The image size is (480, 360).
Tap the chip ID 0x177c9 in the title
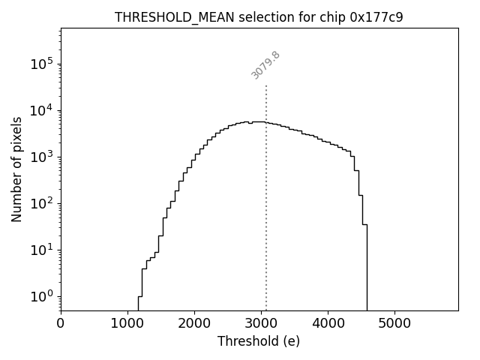pos(376,17)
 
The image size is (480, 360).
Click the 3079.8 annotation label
pos(265,65)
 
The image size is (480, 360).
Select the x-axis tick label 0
pos(61,324)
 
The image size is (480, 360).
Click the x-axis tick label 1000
pos(127,324)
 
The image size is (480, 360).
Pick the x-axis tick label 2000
pos(194,324)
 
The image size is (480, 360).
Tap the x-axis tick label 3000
pos(261,324)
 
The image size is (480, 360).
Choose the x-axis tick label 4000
pos(328,324)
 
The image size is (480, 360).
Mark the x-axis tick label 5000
pos(394,324)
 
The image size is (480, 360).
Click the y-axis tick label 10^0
pos(42,296)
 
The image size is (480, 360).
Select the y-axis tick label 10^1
pos(42,250)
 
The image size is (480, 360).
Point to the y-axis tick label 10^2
pos(42,203)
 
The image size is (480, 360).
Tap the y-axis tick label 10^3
pos(42,157)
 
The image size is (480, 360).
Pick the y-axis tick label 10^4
pos(42,110)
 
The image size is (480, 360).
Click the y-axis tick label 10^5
pos(42,64)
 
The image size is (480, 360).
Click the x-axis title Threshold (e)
pos(259,341)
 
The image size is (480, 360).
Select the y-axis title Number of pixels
pos(16,169)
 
